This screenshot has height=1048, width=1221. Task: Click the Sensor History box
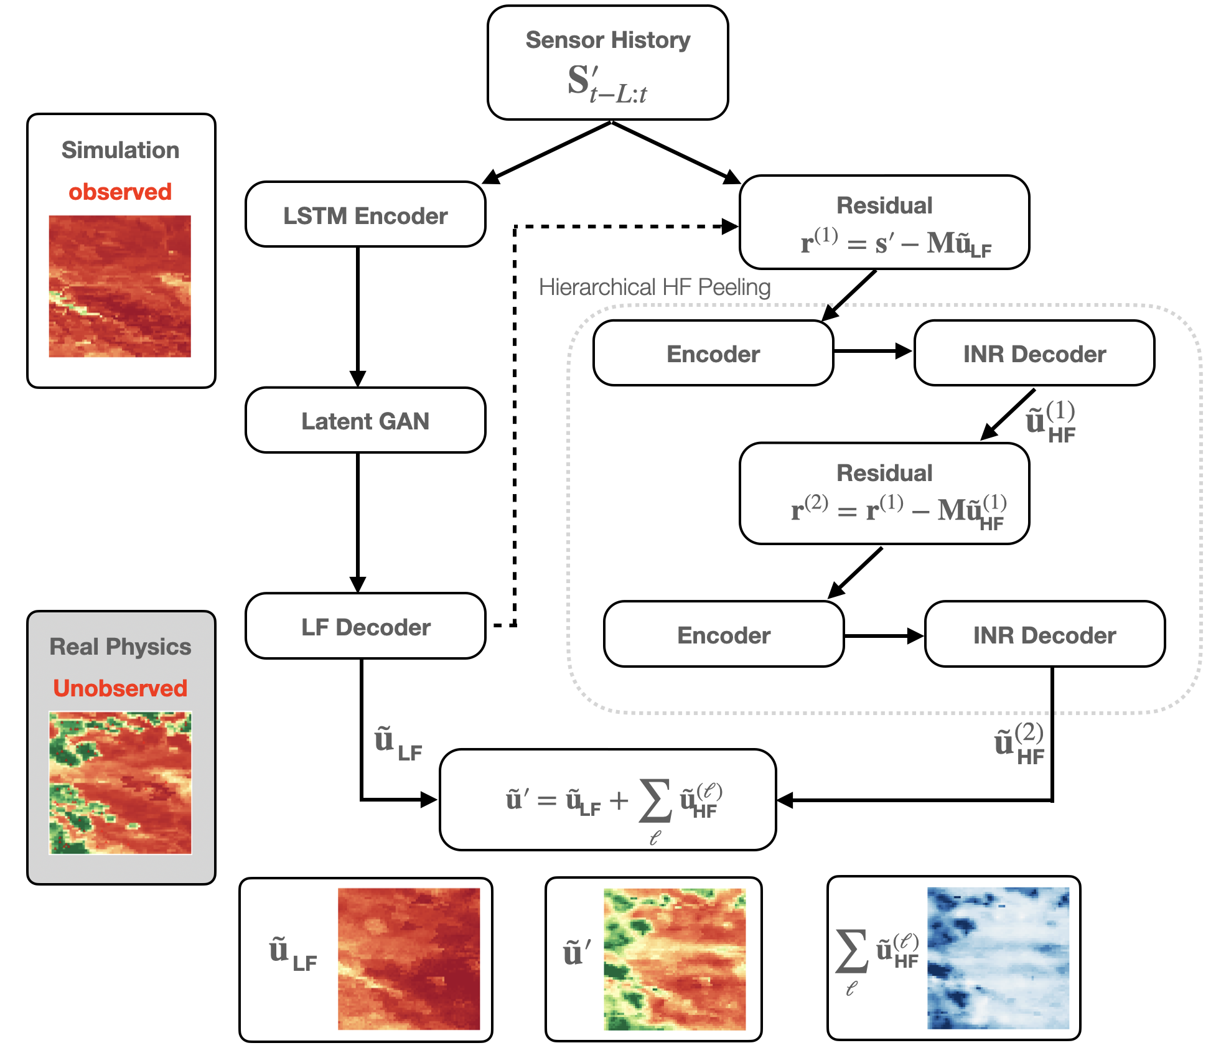607,62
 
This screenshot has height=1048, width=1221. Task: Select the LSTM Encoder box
365,214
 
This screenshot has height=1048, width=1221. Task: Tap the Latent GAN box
365,420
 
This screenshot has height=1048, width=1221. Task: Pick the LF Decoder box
365,625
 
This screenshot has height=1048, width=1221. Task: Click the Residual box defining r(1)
884,222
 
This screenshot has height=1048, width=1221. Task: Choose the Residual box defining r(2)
884,494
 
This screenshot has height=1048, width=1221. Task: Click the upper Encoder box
713,353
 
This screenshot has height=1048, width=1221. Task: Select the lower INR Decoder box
1045,634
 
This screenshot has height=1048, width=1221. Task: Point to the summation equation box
607,800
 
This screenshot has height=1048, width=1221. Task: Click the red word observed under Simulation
120,192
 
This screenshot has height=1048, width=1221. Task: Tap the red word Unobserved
120,688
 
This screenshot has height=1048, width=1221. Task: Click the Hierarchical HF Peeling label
655,287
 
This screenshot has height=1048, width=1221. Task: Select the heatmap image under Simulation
120,286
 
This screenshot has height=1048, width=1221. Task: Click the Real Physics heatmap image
120,783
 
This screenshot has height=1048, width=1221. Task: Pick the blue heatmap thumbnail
998,958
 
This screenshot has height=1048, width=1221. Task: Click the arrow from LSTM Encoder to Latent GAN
358,317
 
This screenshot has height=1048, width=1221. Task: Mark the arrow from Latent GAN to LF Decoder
358,523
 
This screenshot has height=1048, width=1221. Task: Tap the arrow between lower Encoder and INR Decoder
884,636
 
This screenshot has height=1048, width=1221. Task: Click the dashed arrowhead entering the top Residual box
730,227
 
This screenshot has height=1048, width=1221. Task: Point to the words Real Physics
120,647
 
